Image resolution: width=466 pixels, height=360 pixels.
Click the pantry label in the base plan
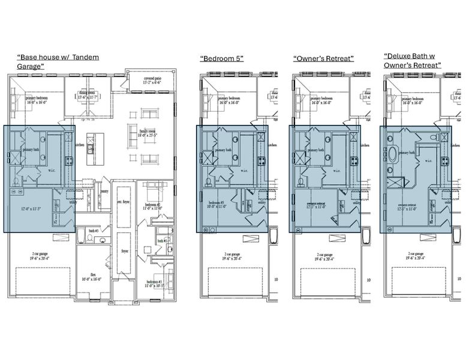(x=104, y=190)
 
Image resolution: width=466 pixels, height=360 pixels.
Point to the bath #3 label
(x=93, y=230)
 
